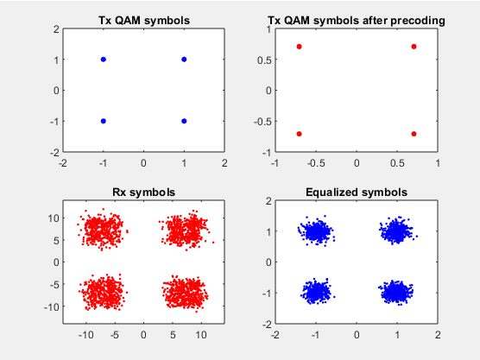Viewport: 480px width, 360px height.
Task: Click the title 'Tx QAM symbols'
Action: coord(144,21)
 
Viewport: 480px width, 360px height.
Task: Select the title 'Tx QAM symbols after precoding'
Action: coord(357,21)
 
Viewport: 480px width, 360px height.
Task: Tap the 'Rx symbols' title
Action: coord(144,193)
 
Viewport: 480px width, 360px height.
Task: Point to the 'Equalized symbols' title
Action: coord(357,193)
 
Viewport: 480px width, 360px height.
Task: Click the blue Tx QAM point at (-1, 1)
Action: coord(104,60)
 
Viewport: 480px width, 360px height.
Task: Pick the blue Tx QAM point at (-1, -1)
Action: coord(104,121)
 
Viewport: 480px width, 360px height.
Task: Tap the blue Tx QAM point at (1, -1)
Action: coord(184,121)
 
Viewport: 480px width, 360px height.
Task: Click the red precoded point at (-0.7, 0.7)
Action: coord(300,47)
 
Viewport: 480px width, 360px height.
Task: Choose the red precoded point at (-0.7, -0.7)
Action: coord(300,134)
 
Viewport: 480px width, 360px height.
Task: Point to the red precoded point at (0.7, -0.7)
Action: coord(414,134)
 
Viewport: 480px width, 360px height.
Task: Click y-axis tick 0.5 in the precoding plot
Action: coord(264,60)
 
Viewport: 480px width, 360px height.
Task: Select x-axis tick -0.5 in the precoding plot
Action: coord(316,163)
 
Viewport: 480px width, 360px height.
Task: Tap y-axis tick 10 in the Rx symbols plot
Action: coord(54,218)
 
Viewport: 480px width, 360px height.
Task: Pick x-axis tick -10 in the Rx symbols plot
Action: coord(86,335)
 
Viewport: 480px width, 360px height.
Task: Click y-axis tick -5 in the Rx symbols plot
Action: coord(54,284)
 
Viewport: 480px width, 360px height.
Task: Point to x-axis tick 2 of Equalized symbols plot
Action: coord(438,335)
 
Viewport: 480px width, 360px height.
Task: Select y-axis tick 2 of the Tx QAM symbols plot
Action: coord(56,29)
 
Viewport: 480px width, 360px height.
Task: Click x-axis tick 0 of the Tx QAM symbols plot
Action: coord(143,163)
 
